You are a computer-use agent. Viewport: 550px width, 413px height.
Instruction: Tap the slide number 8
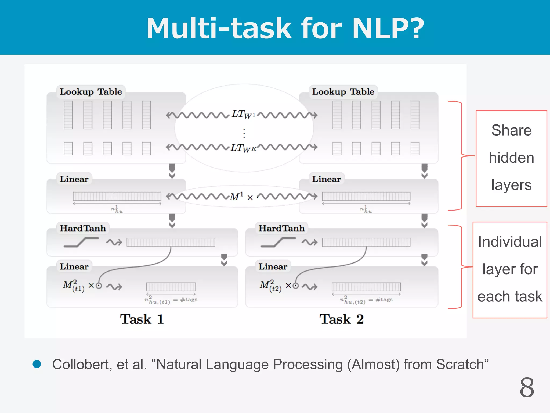coord(527,387)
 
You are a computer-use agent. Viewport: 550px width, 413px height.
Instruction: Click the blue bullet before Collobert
coord(37,364)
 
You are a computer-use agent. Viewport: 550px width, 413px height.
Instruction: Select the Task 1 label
coord(142,319)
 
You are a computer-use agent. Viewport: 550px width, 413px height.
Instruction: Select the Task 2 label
coord(341,319)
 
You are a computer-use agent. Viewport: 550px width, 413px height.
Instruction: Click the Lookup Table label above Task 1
coord(91,92)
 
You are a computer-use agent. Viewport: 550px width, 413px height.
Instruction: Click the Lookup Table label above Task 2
coord(343,92)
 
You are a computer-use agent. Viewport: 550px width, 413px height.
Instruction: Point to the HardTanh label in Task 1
coord(83,228)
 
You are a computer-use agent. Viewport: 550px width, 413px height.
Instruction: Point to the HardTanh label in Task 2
coord(281,228)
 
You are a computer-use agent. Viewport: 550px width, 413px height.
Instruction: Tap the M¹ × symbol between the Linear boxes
coord(241,197)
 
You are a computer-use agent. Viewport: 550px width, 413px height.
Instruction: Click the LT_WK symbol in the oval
coord(243,148)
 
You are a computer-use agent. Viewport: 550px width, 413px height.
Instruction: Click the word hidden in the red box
coord(511,158)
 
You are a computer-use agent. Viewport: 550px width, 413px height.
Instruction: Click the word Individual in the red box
coord(510,241)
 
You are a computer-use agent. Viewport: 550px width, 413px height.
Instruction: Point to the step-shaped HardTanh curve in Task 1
coord(81,242)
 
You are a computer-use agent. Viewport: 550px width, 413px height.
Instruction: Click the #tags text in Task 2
coord(384,300)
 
